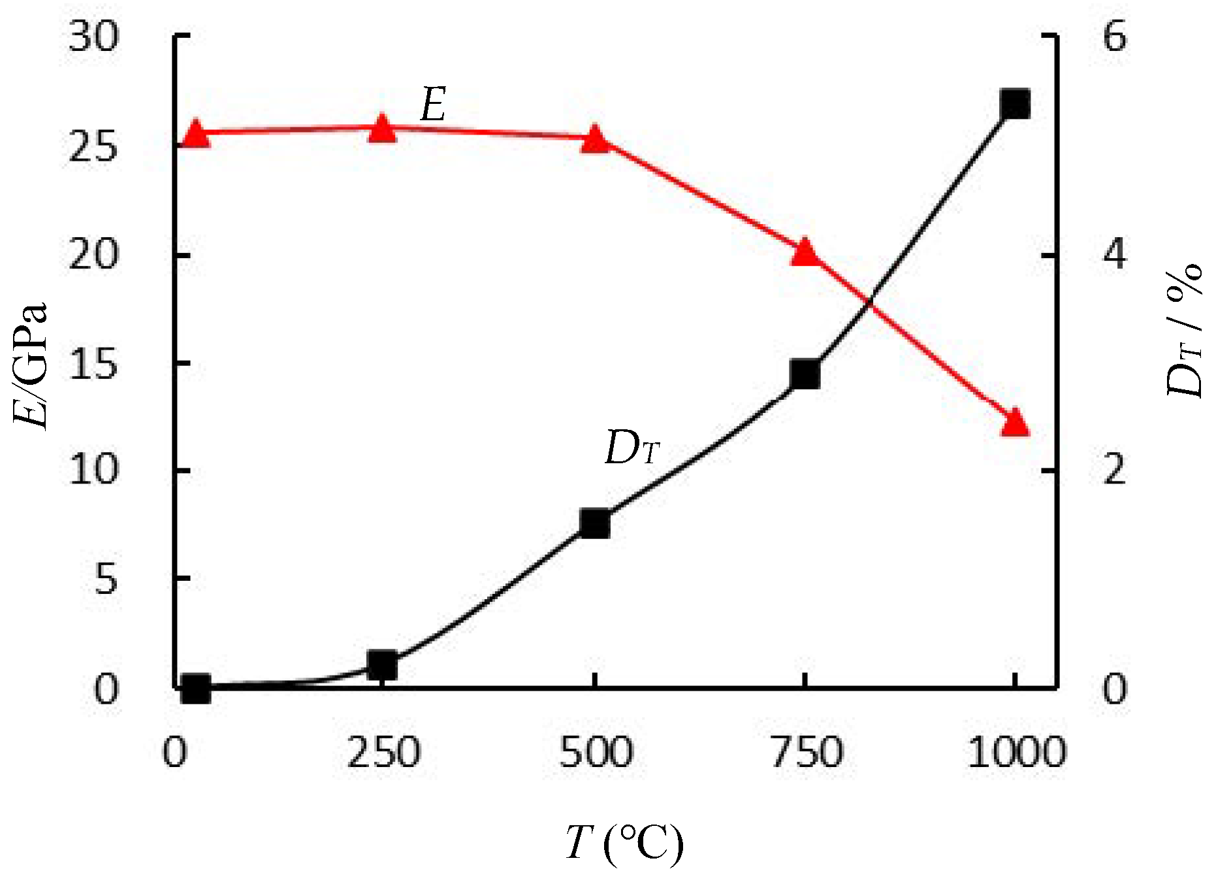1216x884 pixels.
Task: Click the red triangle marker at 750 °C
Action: click(x=805, y=253)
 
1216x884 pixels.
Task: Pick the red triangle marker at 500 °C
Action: click(x=595, y=140)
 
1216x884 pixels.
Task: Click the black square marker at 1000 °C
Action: click(x=1015, y=105)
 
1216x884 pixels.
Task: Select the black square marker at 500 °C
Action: click(x=595, y=523)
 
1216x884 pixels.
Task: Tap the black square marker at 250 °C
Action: click(x=383, y=666)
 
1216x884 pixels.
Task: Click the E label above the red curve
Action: click(x=433, y=105)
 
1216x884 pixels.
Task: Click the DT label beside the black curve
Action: click(x=632, y=449)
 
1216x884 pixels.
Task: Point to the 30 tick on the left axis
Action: click(x=95, y=37)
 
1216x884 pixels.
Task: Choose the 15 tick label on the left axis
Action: click(x=95, y=363)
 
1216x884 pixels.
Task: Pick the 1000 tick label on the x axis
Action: click(x=1016, y=753)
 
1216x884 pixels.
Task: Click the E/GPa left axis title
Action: click(x=31, y=365)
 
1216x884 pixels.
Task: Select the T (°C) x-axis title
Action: click(x=624, y=843)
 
